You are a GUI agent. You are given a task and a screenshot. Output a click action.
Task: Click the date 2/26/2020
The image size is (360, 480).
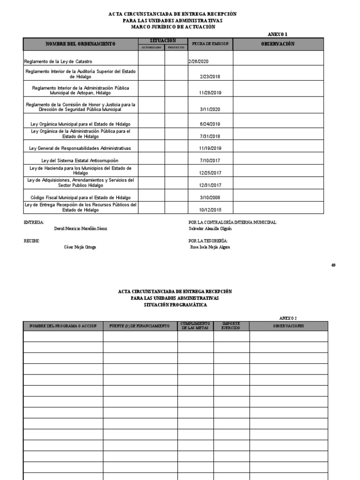(x=198, y=61)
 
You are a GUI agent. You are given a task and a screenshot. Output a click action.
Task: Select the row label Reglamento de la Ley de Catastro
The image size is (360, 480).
(x=58, y=61)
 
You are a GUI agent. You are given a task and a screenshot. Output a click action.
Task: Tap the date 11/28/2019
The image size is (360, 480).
(x=210, y=93)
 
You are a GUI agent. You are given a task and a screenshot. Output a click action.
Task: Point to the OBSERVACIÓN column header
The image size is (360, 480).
(x=277, y=44)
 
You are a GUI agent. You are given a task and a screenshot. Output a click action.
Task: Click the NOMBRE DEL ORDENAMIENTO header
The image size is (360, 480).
(x=80, y=44)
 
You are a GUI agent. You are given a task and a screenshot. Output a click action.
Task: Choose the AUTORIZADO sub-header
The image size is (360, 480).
(x=151, y=47)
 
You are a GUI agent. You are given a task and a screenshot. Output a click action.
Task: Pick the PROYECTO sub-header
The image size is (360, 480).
(x=176, y=47)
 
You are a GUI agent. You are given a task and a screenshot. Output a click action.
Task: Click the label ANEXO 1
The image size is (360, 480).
(x=277, y=34)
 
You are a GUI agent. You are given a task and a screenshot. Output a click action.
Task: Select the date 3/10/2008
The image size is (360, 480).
(x=210, y=197)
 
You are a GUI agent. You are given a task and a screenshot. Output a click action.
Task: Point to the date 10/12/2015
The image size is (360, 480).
(x=210, y=210)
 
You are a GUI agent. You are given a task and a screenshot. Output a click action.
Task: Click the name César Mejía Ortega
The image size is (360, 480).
(x=80, y=247)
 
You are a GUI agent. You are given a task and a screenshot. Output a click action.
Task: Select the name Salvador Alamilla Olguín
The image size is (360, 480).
(x=210, y=229)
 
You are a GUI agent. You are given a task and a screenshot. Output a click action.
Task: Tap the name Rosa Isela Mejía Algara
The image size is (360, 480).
(x=210, y=247)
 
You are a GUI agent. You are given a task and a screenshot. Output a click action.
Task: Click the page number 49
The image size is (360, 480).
(x=333, y=265)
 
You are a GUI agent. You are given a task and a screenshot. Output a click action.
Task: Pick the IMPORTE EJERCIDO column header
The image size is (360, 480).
(x=231, y=326)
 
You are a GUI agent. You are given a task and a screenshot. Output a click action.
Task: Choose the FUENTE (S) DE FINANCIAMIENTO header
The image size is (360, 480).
(x=140, y=326)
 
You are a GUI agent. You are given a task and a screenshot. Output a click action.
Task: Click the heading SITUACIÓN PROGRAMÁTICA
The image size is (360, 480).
(x=175, y=305)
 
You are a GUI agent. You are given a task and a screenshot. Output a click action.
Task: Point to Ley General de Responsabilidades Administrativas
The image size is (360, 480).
(x=80, y=148)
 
